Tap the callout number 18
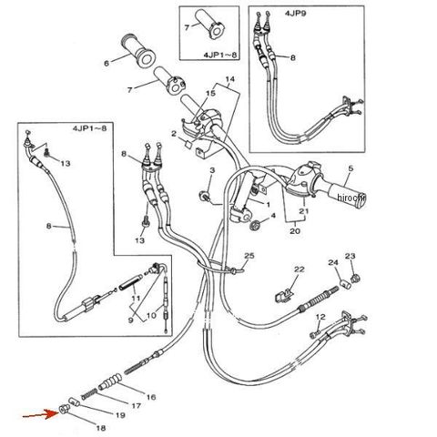101,428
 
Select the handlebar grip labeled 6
139,51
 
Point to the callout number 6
107,64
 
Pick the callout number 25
249,256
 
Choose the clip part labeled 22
283,296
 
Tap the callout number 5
351,168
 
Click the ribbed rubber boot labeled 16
110,381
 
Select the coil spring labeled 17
89,394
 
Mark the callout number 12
320,317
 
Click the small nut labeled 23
354,278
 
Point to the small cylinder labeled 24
344,284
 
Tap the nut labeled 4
254,225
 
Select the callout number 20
295,231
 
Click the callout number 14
230,79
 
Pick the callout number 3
212,170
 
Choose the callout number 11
136,299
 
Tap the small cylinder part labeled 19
74,402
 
